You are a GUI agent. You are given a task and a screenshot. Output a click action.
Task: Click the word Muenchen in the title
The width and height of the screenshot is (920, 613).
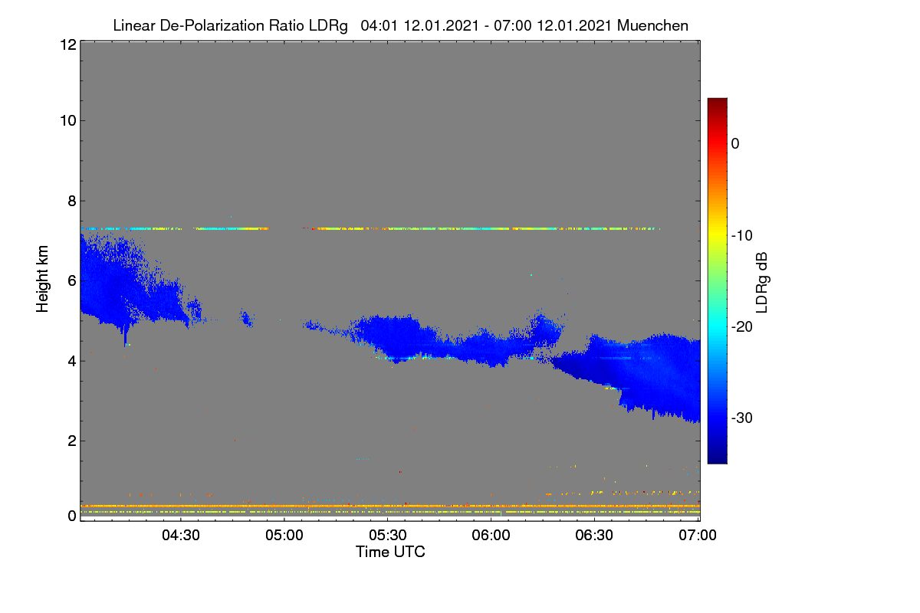(652, 26)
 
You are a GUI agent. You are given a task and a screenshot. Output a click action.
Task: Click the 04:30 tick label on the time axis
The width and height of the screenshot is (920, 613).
(181, 536)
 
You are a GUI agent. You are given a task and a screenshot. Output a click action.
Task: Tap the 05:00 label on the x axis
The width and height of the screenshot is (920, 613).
(284, 536)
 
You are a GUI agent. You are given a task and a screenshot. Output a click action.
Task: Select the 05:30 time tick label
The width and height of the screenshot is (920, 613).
(388, 536)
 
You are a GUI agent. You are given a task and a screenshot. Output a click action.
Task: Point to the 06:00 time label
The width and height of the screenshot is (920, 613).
(491, 536)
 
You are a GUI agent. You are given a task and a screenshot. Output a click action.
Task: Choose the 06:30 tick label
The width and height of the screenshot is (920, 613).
(594, 536)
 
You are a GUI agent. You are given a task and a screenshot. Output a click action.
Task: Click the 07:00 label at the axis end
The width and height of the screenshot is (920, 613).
(698, 536)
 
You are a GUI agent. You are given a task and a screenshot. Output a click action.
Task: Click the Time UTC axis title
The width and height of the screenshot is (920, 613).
(390, 552)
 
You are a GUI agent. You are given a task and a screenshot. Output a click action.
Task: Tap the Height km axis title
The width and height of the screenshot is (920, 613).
(42, 279)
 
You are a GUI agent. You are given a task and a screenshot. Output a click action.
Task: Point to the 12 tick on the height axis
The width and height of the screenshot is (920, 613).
(68, 44)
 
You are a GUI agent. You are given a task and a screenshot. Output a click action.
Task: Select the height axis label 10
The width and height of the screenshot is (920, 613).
(68, 121)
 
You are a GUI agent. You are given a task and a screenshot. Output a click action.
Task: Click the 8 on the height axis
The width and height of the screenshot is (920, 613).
(72, 202)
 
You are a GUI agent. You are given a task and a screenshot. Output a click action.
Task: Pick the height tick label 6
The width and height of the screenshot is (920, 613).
(72, 281)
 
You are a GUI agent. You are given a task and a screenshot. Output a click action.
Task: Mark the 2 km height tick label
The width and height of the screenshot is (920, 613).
(72, 441)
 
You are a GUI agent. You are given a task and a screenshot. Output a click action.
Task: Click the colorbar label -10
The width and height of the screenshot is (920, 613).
(742, 236)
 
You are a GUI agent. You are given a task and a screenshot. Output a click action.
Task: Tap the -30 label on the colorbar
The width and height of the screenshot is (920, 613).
(742, 418)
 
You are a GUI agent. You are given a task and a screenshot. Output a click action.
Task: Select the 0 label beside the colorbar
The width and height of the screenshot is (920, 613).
(735, 144)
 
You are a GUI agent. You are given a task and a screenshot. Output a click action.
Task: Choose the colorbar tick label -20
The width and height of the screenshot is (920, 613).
(742, 327)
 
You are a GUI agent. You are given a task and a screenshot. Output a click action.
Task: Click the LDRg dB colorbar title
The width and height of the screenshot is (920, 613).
(762, 283)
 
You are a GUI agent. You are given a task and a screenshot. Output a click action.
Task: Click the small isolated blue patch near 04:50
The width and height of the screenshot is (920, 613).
(246, 318)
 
